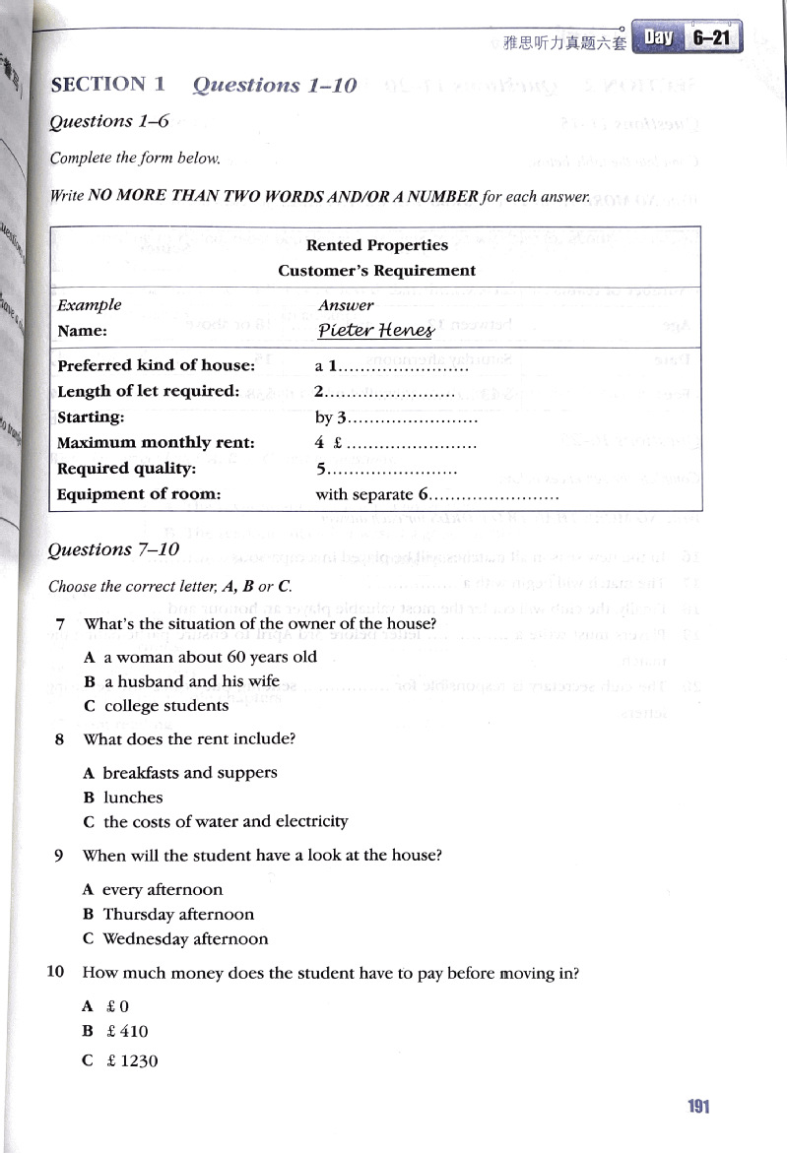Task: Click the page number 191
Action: coord(698,1106)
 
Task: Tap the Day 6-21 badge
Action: coord(687,37)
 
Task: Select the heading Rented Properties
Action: coord(377,245)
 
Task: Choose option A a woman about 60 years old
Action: coord(201,657)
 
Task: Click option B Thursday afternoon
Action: coord(168,914)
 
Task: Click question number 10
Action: coord(56,973)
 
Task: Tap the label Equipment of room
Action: coord(139,494)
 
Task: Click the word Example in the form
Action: coord(90,305)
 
